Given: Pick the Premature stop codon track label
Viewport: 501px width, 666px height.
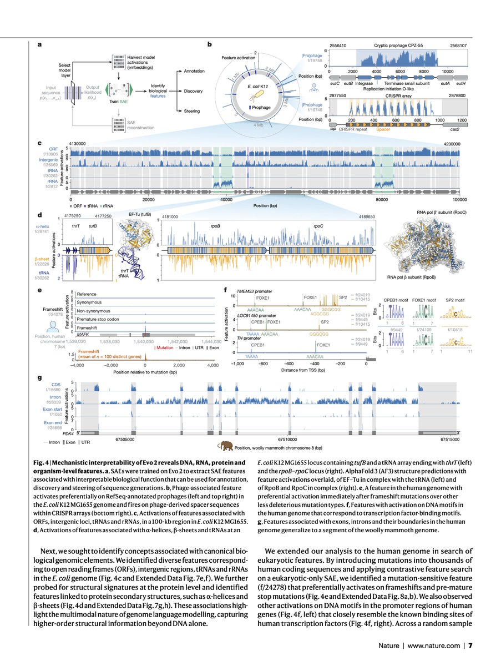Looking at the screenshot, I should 99,320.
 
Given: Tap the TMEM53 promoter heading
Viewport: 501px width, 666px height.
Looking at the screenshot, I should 256,290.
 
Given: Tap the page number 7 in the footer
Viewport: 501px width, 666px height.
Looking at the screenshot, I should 470,645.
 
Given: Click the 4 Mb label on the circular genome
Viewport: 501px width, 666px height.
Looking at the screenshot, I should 259,125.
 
